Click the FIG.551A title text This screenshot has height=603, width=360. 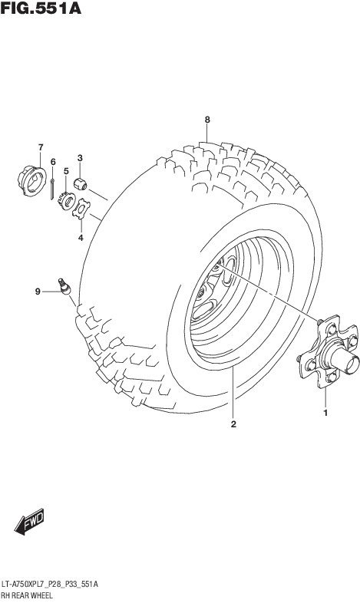(x=41, y=8)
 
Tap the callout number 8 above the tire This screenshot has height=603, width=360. (x=207, y=120)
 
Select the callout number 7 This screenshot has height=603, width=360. (x=41, y=147)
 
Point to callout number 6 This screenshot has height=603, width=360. (x=53, y=162)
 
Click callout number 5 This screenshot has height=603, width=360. (x=66, y=171)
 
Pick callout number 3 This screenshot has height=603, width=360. (x=80, y=158)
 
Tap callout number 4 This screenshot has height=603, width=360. (x=81, y=238)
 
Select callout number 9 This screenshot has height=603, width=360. (x=38, y=292)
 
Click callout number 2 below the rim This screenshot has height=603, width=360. (x=233, y=424)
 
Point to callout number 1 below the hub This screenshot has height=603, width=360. (x=325, y=413)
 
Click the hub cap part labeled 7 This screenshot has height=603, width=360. (x=31, y=180)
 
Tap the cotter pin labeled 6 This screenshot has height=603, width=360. (x=52, y=189)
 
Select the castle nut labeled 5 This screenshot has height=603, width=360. (x=66, y=201)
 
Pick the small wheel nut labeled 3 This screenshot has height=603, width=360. (x=80, y=184)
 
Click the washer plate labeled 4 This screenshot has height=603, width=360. (x=81, y=209)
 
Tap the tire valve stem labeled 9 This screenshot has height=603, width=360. (x=64, y=286)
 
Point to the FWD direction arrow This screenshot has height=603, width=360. (x=29, y=522)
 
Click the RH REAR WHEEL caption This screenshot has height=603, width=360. (x=27, y=595)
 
